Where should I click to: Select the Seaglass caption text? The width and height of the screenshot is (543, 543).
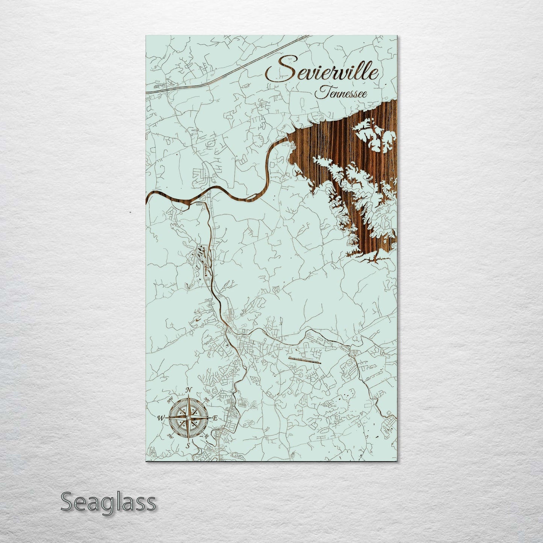tap(108, 502)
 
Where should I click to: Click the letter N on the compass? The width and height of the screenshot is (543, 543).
tap(189, 390)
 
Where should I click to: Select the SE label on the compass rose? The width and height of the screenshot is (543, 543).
tap(206, 436)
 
